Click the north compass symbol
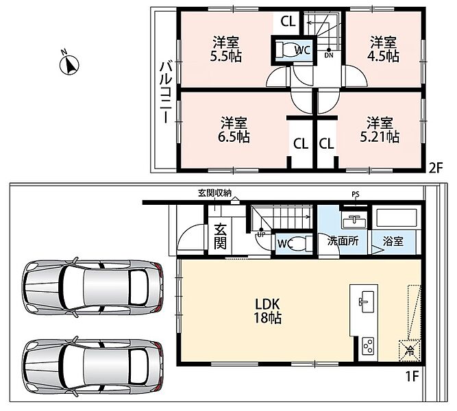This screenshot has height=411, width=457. point(69,64)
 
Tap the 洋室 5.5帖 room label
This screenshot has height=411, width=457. point(226,49)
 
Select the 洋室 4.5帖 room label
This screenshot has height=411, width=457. point(384,49)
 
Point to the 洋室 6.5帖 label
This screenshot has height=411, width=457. point(234,129)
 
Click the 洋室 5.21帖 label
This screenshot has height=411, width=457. point(380,129)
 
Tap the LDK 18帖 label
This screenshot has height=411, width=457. point(268,311)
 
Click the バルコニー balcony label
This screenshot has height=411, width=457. point(165,92)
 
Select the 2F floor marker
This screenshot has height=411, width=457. point(436,169)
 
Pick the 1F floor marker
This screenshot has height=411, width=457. point(412,377)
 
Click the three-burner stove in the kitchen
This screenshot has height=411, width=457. point(368,346)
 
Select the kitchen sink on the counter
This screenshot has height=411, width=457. point(365,301)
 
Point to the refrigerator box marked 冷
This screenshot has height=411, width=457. point(410,350)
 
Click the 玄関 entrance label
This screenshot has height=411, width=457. point(221,236)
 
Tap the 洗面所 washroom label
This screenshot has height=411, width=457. point(343,241)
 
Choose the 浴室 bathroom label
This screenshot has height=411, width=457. point(393,241)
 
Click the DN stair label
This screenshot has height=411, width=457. point(329,55)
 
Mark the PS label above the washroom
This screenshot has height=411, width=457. point(356,195)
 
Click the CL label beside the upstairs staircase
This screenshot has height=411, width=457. point(288,21)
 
